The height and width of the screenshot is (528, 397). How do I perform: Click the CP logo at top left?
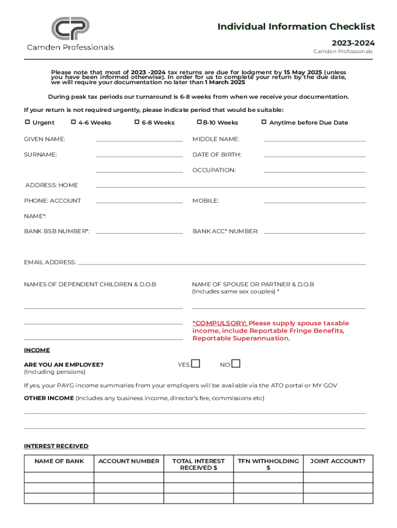[x=70, y=29]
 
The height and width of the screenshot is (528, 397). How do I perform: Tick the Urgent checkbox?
[x=28, y=122]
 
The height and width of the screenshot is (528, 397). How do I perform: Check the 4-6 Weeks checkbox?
[x=74, y=122]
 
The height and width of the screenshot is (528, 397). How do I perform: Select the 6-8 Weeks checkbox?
[x=137, y=122]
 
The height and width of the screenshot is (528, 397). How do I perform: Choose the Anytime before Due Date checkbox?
[x=264, y=122]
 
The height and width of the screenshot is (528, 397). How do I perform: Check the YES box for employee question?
[x=195, y=364]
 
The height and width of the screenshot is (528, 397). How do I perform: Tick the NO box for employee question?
[x=236, y=364]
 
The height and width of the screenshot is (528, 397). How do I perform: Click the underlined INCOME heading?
[x=37, y=351]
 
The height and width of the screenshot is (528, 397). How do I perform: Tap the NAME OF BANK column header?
[x=59, y=461]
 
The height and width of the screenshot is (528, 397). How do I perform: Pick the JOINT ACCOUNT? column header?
[x=338, y=461]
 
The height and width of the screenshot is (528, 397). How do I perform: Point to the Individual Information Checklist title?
[x=296, y=27]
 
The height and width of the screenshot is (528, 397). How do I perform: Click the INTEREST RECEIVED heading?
[x=56, y=446]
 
